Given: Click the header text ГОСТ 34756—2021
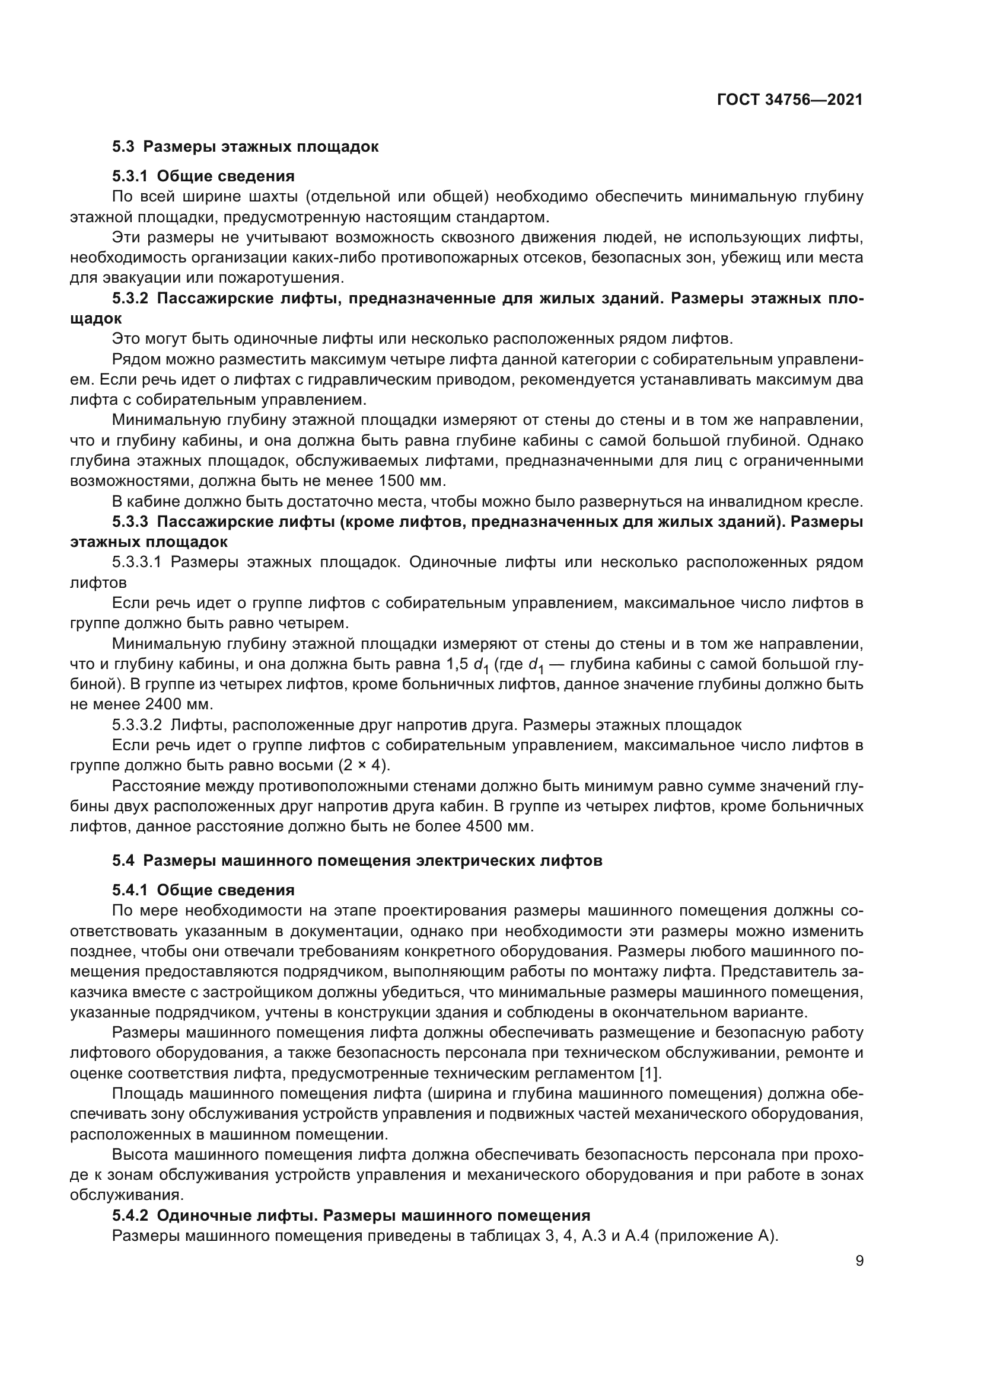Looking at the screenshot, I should (789, 100).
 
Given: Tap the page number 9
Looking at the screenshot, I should (859, 1261).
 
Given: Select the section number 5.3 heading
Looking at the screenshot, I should (123, 147).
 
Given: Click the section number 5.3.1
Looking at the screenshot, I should (130, 176).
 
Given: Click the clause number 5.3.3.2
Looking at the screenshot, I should (137, 725).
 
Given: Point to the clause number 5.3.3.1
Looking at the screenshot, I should (137, 562).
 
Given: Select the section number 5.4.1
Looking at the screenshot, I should (130, 891).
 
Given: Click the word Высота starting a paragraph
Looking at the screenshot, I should (140, 1155).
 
